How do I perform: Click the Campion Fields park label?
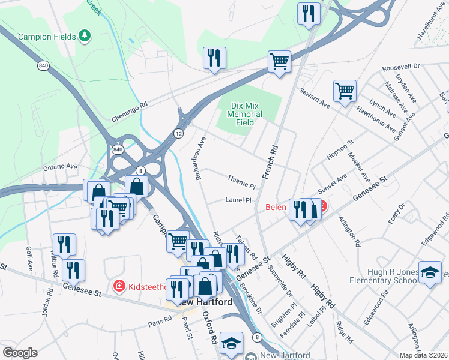click(47, 37)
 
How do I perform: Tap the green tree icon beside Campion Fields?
click(86, 36)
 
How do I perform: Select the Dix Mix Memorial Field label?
click(247, 113)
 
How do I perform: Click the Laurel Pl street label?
click(237, 200)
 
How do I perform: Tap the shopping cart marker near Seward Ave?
click(345, 92)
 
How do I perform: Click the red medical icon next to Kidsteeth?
click(119, 286)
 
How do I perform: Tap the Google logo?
click(20, 352)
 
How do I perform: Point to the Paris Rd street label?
click(160, 324)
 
